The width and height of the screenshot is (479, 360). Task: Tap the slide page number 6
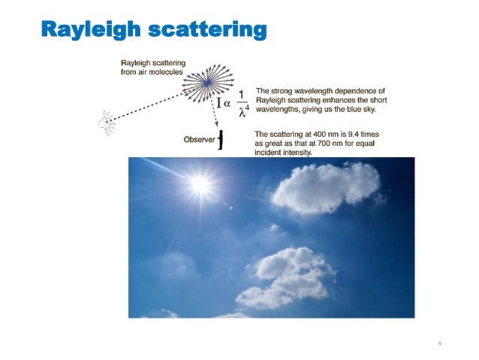point(440,343)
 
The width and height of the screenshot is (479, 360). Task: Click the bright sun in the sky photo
point(200,183)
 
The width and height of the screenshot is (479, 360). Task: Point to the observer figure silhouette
point(221,139)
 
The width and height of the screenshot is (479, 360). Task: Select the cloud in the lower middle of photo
point(288,277)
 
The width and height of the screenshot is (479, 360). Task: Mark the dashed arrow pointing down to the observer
point(212,109)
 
